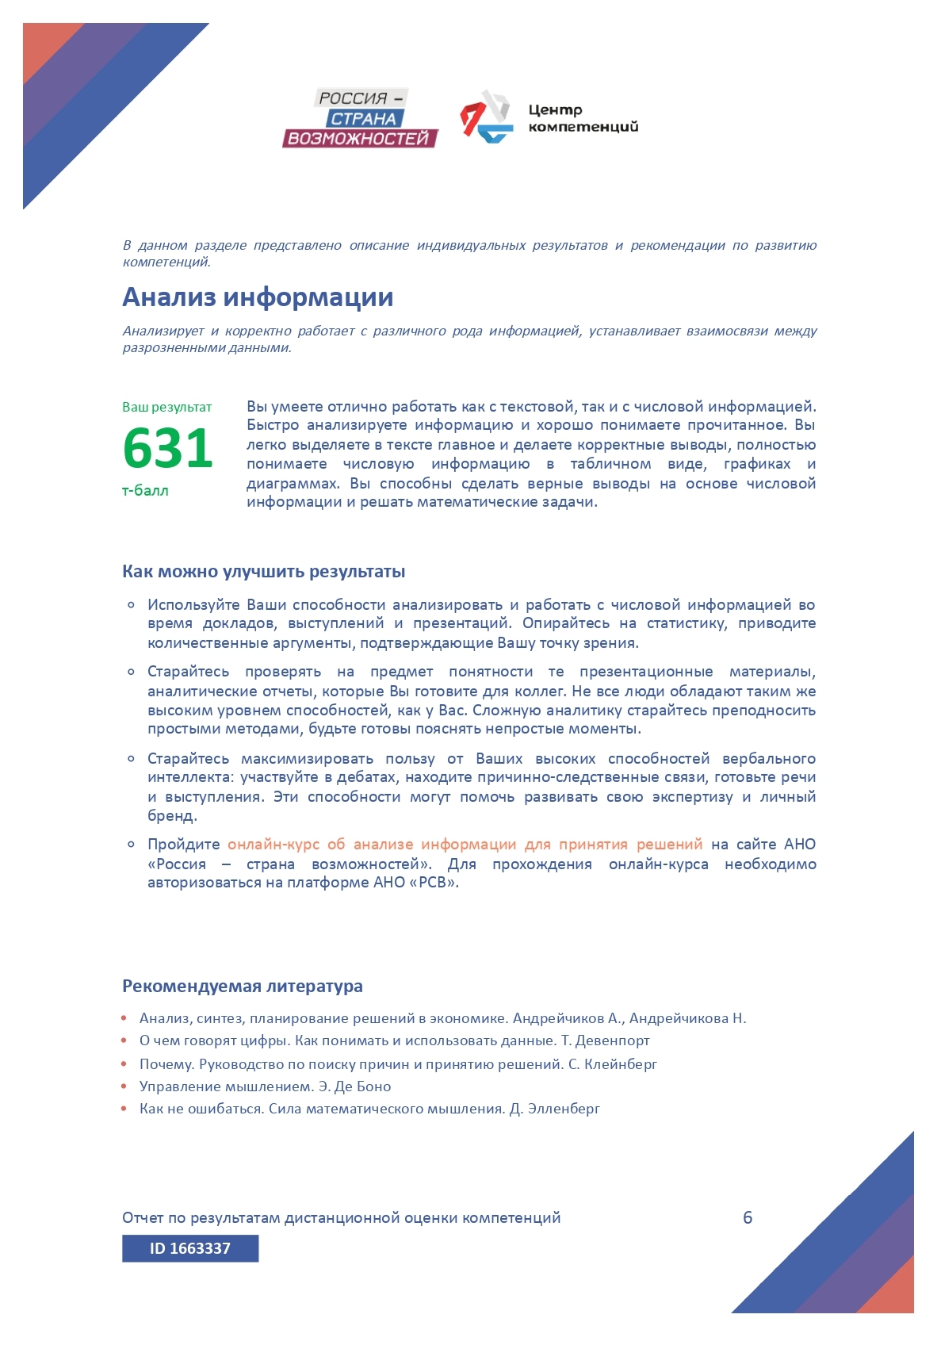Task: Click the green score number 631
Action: [168, 448]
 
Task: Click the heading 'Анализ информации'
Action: [258, 297]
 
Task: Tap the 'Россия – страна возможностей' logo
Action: [361, 118]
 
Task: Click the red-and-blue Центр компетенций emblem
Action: [486, 117]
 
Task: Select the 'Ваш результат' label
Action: [166, 407]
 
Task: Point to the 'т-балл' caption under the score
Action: [145, 490]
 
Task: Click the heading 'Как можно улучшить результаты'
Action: [263, 571]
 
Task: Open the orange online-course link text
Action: [465, 844]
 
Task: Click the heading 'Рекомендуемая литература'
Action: [242, 986]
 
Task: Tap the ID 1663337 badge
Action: [190, 1248]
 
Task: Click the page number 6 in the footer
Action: [748, 1217]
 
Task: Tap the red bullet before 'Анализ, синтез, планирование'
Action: [124, 1017]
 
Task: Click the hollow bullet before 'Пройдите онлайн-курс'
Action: [132, 844]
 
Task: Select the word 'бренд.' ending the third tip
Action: [172, 815]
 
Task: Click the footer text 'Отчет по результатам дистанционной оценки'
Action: [341, 1217]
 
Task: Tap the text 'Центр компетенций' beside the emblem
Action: [583, 118]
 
